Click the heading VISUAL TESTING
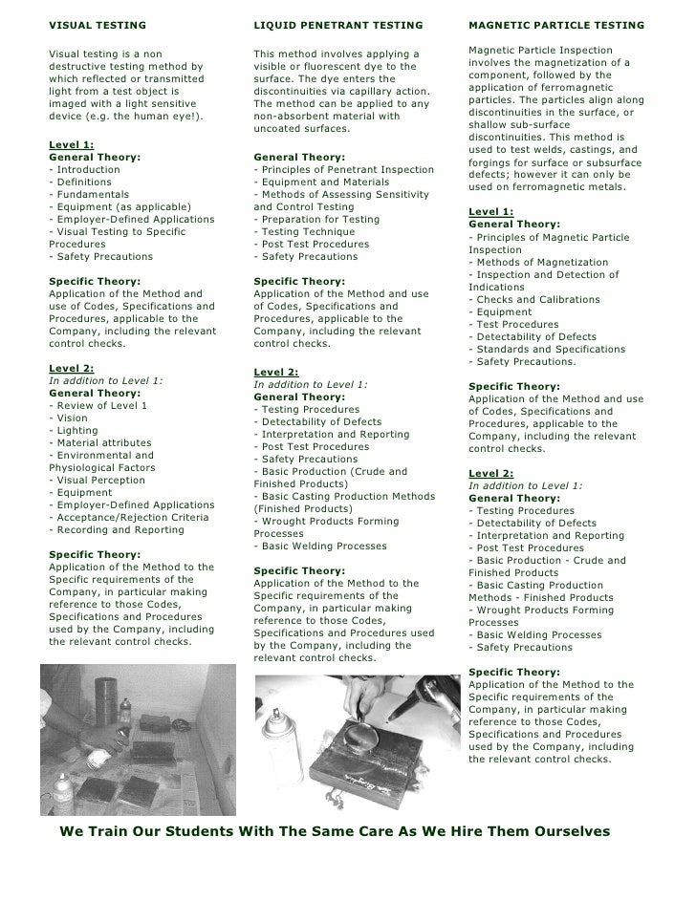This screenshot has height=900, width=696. pyautogui.click(x=98, y=23)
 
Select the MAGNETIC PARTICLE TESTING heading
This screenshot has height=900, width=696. pyautogui.click(x=555, y=23)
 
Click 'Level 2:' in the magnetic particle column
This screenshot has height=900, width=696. pyautogui.click(x=491, y=473)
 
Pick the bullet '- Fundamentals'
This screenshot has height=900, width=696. pyautogui.click(x=88, y=194)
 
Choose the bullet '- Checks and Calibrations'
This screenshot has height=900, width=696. pyautogui.click(x=533, y=299)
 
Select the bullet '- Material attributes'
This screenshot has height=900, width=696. pyautogui.click(x=99, y=443)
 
